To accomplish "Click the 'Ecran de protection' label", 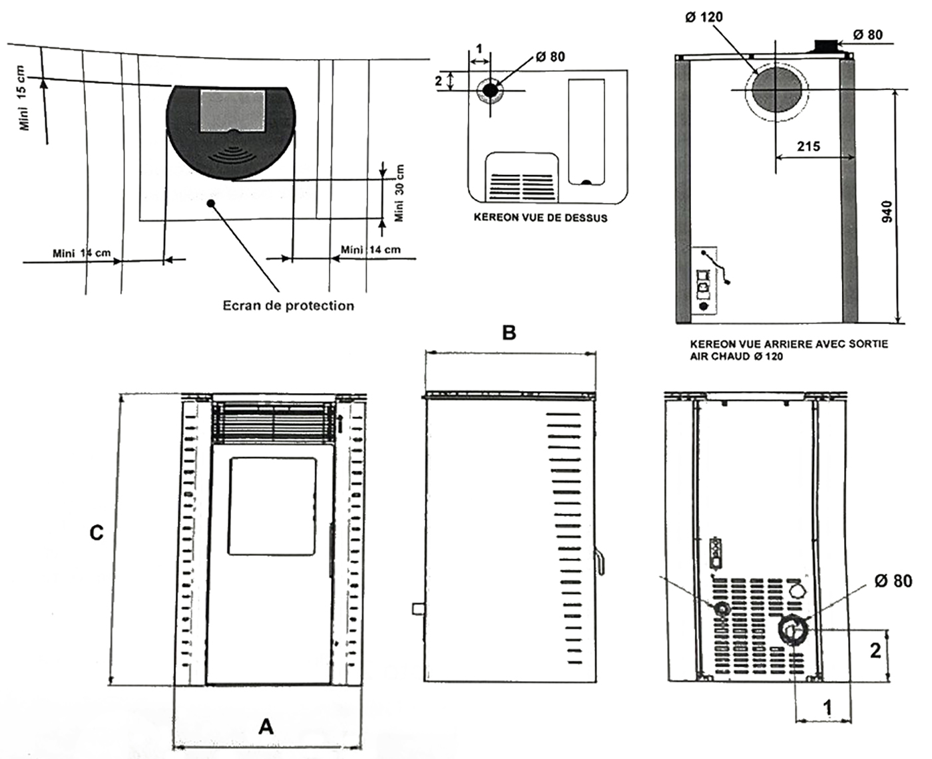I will point(288,305).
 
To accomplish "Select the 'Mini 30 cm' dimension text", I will point(399,194).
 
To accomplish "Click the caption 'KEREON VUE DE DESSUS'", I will point(541,218).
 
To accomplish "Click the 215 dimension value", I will point(808,146).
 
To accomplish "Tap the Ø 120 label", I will point(704,17).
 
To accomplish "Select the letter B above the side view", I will point(509,332).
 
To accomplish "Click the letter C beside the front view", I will point(97,533).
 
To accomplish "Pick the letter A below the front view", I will point(266,726).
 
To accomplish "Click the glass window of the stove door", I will point(272,506).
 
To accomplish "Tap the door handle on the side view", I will point(600,560).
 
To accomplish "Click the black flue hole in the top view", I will point(491,90).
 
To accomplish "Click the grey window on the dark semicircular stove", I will point(232,110).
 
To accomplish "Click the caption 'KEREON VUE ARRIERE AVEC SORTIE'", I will point(789,345).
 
